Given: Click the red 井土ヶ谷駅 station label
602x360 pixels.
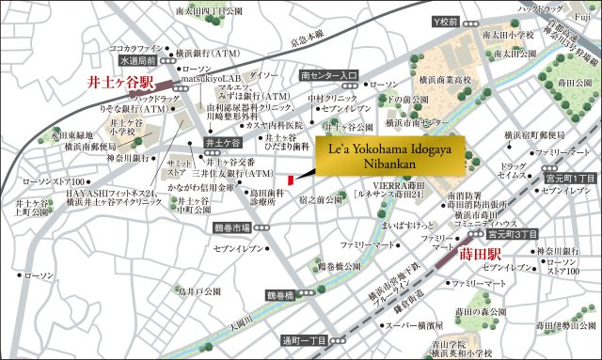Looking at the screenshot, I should [114, 83].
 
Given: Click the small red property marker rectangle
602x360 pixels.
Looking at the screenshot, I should [292, 179].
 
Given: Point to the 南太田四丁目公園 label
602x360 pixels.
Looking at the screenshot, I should [209, 11].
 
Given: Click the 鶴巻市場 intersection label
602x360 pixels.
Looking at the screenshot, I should [230, 227].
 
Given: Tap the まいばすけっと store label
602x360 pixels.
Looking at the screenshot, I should [385, 226].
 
